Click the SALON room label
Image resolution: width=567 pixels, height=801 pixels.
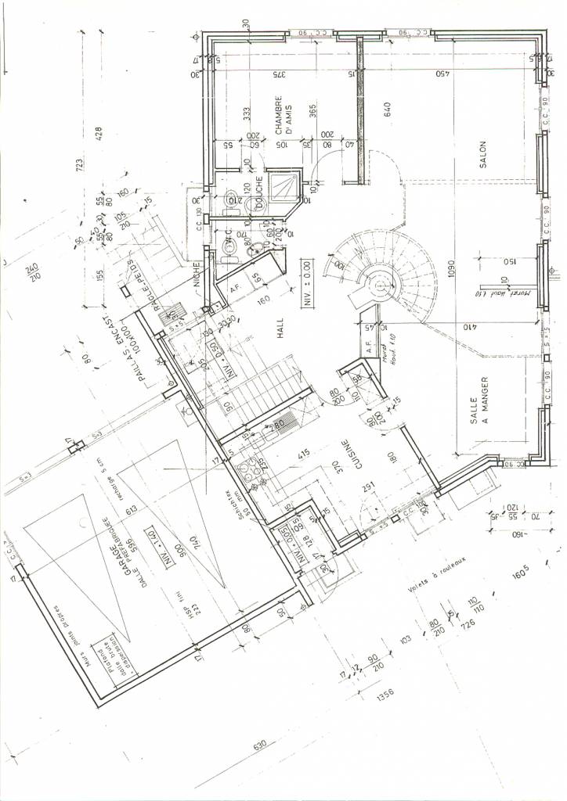483,154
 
